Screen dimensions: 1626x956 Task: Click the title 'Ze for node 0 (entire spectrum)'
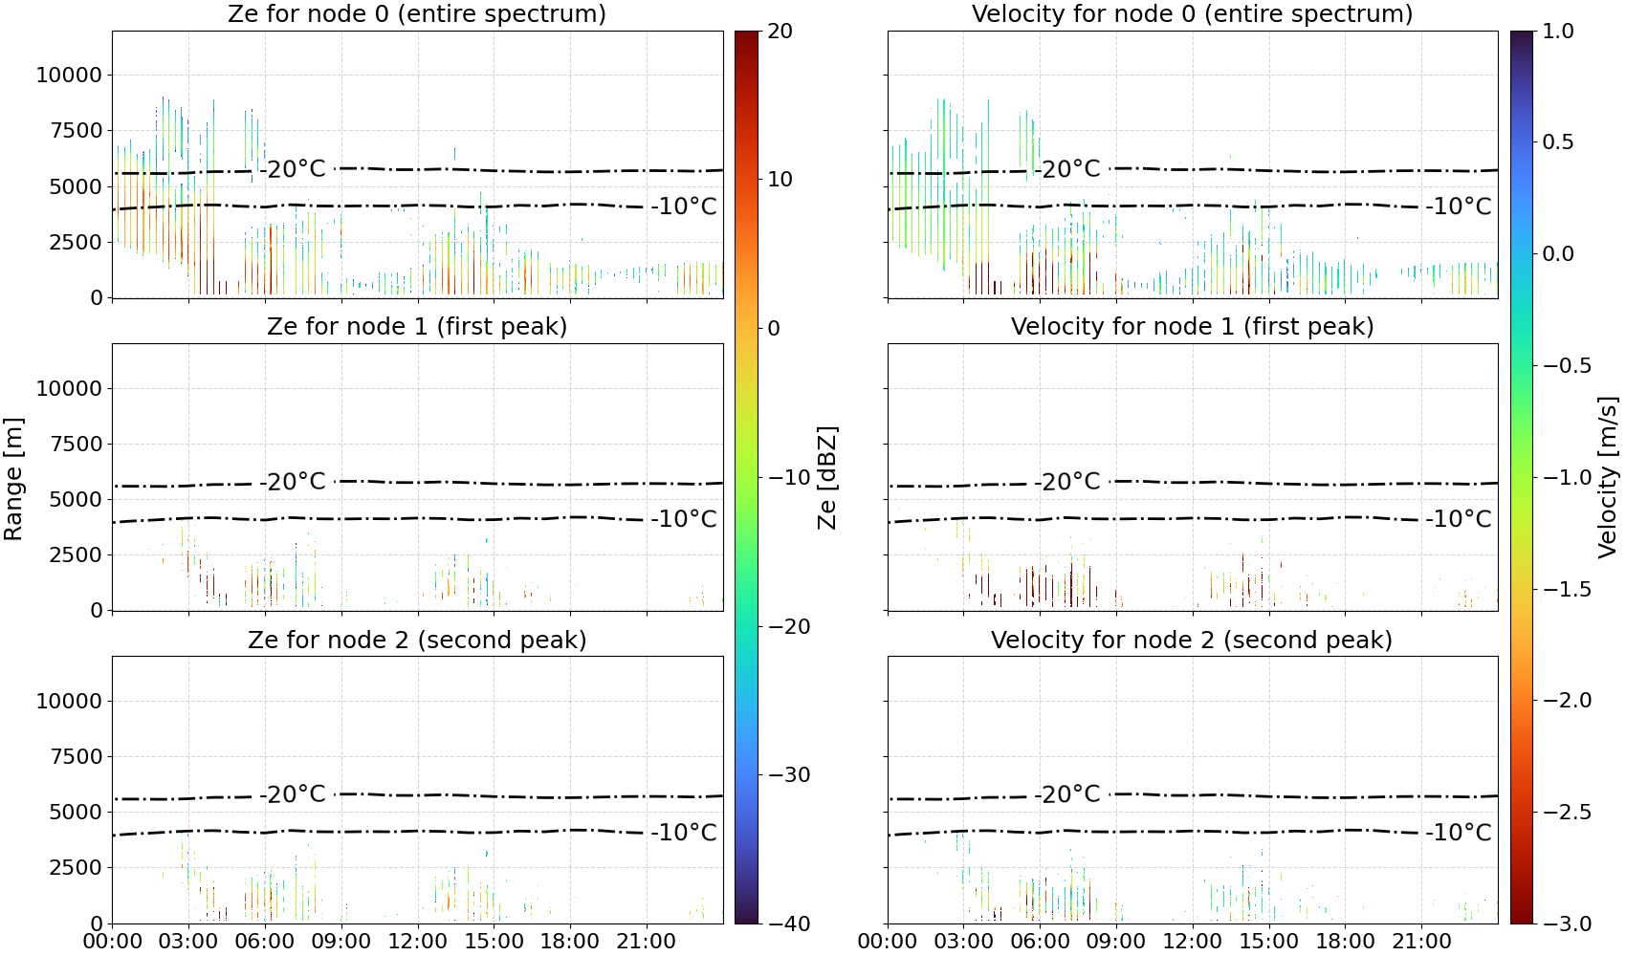(417, 13)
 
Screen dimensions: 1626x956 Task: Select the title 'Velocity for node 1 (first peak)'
(1192, 326)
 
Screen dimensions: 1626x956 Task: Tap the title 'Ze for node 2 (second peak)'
(417, 640)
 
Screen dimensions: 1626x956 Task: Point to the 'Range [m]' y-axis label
(13, 478)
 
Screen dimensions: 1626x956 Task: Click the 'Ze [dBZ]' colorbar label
(826, 477)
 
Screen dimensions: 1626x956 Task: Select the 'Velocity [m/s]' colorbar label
(1608, 477)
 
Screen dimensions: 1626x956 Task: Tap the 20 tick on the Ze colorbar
(780, 32)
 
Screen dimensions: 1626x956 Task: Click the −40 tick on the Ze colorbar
(789, 923)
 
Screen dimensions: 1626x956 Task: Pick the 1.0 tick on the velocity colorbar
(1558, 32)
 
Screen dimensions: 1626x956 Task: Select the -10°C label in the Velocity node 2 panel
(1459, 832)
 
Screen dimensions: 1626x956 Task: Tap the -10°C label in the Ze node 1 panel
(684, 518)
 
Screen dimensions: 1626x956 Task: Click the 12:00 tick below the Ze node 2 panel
(417, 942)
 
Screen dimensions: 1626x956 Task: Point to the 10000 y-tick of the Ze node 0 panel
(69, 75)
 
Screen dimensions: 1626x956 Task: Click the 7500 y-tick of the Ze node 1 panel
(76, 444)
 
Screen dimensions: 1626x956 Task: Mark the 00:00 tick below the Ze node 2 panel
(113, 942)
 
